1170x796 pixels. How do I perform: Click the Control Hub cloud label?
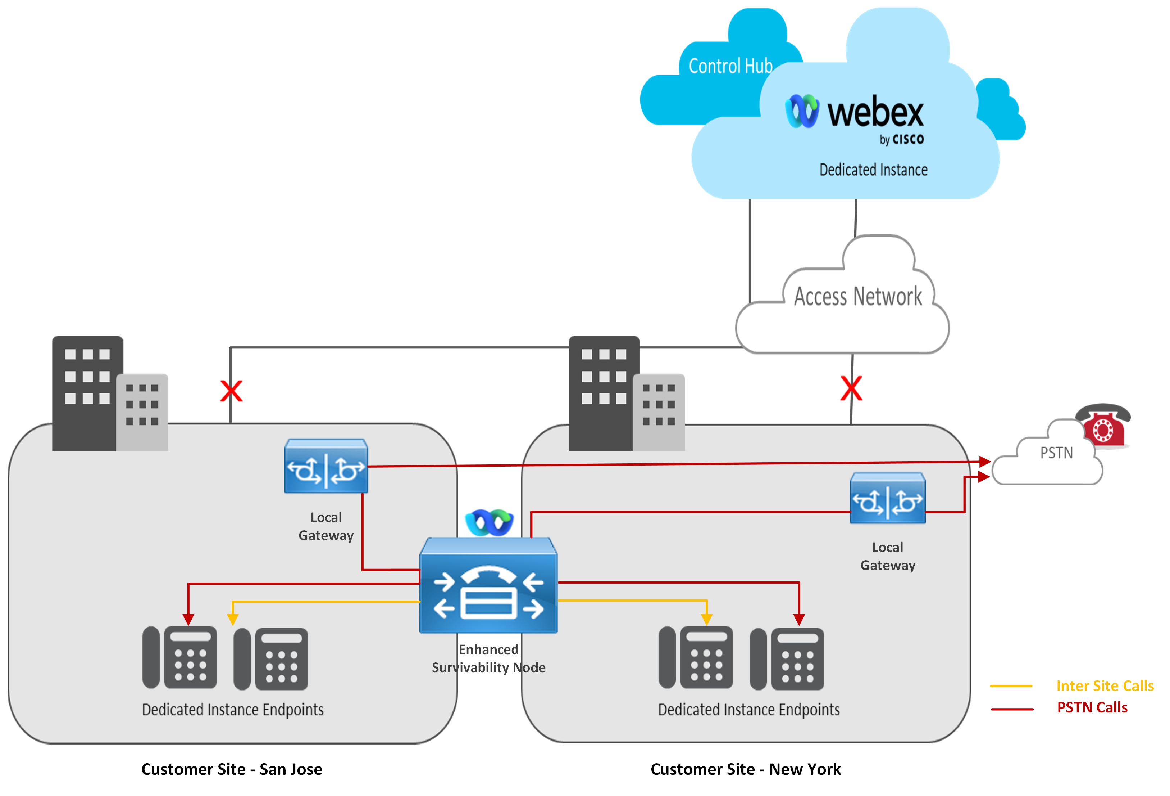tap(730, 66)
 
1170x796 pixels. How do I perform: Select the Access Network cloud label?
tap(857, 296)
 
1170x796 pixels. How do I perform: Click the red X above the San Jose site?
tap(231, 391)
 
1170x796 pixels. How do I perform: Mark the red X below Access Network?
tap(851, 388)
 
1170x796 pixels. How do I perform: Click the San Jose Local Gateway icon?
tap(326, 466)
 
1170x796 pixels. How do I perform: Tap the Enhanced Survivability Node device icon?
tap(488, 585)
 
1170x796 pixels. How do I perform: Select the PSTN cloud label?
tap(1056, 453)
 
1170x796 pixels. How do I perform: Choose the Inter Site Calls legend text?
tap(1105, 686)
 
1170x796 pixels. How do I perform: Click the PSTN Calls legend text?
tap(1092, 707)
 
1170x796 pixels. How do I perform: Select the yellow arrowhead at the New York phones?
tap(706, 619)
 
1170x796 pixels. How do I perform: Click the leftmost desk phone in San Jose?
tap(180, 657)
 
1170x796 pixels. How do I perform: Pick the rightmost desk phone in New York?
tap(787, 658)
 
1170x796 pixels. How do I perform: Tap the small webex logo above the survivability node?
tap(489, 522)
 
